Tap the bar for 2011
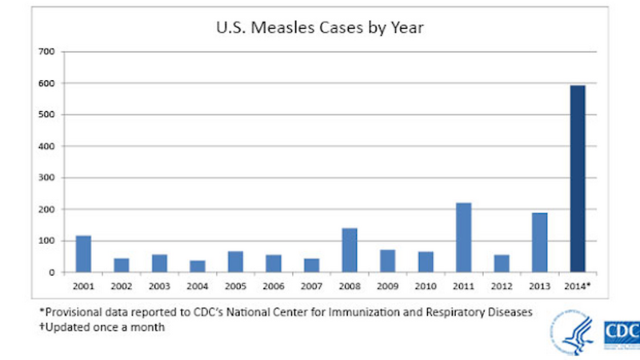pyautogui.click(x=463, y=238)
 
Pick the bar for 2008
pyautogui.click(x=350, y=250)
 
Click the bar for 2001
pyautogui.click(x=83, y=254)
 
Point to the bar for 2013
pyautogui.click(x=539, y=242)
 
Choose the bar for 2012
pyautogui.click(x=502, y=263)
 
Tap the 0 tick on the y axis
pyautogui.click(x=50, y=272)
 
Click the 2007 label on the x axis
pyautogui.click(x=311, y=286)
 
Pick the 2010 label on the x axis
pyautogui.click(x=426, y=286)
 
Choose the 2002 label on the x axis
pyautogui.click(x=122, y=286)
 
